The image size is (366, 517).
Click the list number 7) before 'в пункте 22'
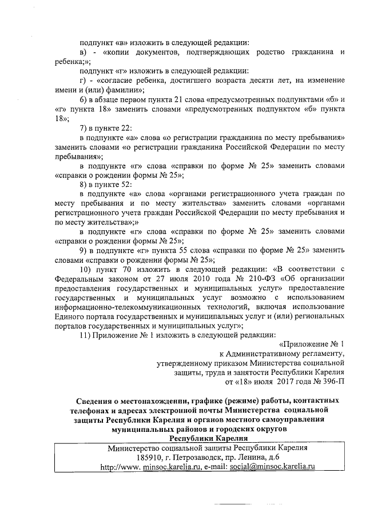(x=83, y=128)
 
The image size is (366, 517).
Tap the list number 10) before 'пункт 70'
(x=86, y=268)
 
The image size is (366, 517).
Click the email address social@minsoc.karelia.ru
(x=273, y=467)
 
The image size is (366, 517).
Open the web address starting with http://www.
(x=150, y=467)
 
